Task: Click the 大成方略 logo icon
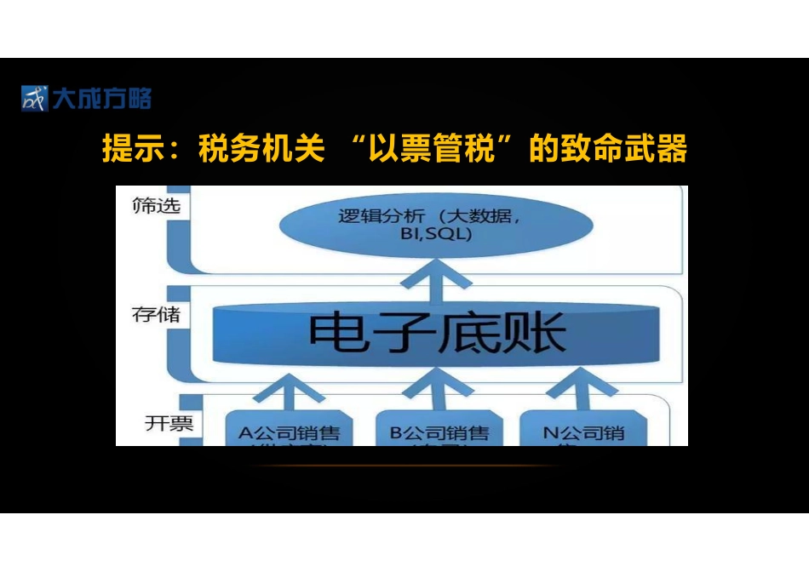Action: pos(35,99)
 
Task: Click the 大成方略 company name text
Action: pos(101,99)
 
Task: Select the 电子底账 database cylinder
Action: pos(436,331)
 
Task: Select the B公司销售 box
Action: pos(439,431)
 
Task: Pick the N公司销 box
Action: pos(583,431)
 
